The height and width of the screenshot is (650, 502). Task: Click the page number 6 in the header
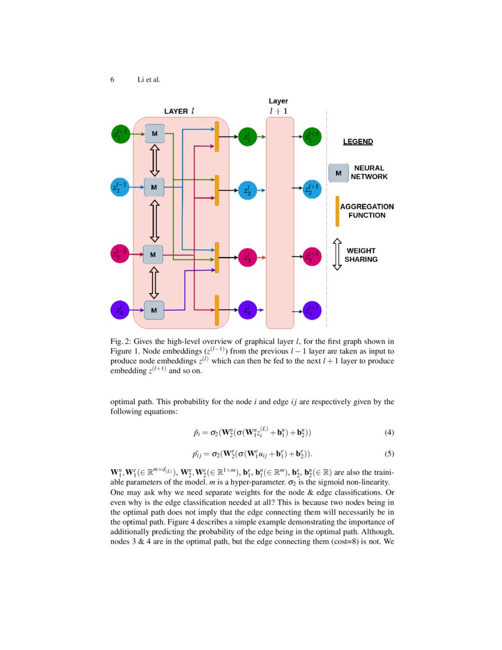pos(112,80)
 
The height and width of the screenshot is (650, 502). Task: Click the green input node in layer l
pos(120,134)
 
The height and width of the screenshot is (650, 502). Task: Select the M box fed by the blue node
pos(154,187)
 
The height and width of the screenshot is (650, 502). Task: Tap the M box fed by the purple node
pos(154,310)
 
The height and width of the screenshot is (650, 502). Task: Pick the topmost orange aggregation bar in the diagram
pos(217,136)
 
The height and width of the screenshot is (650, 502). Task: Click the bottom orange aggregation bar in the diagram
pos(217,310)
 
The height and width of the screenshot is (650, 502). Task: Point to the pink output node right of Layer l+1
pos(312,256)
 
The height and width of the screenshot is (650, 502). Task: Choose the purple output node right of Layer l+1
pos(312,310)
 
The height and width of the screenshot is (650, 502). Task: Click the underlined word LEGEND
pos(358,142)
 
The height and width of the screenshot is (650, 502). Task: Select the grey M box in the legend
pos(338,173)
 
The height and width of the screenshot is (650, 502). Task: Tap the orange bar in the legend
pos(337,211)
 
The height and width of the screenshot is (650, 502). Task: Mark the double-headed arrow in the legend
pos(337,254)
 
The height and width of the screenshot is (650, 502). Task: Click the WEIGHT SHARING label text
pos(361,255)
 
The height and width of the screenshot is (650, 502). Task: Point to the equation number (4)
pos(389,433)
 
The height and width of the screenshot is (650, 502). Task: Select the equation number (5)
pos(389,454)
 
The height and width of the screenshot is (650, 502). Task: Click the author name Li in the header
pos(141,80)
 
